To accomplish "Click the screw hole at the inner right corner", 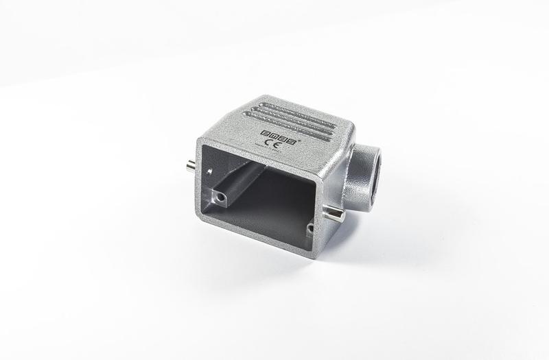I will tap(309, 228).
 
